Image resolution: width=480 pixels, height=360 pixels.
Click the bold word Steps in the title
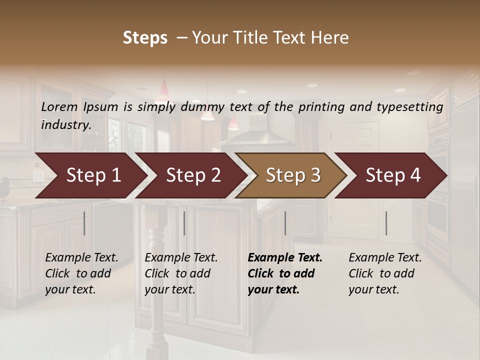145,38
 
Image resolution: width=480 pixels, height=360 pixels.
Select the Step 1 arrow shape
90,175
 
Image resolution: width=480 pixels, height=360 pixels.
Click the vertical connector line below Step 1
84,223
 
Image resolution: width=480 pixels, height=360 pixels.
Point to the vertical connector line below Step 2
184,223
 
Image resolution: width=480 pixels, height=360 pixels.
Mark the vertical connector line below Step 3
285,223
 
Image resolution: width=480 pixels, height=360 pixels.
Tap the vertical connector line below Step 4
386,223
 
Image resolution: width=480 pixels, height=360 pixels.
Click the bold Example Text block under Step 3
285,273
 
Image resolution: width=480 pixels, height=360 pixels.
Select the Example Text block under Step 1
81,273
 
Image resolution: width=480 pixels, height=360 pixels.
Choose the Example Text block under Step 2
181,273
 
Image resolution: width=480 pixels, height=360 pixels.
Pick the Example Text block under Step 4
385,273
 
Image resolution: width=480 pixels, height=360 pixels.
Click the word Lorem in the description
59,106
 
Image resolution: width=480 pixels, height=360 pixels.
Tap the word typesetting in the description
413,106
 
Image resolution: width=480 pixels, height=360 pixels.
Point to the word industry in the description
65,124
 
